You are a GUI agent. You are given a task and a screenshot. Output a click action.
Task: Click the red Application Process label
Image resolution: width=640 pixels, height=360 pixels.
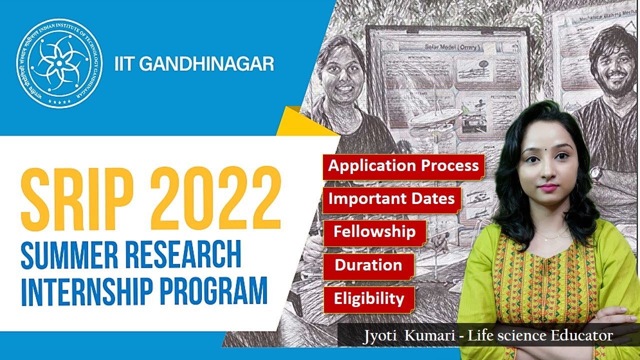(x=403, y=165)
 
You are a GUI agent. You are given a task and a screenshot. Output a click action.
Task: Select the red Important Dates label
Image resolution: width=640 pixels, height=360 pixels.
(x=391, y=198)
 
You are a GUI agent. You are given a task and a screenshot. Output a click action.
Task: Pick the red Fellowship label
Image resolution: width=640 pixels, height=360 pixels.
(x=374, y=232)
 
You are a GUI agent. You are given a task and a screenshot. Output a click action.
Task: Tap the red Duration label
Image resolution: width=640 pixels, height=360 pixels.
(x=368, y=265)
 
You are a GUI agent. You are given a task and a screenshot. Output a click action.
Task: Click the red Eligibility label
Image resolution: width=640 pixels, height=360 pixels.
(x=369, y=299)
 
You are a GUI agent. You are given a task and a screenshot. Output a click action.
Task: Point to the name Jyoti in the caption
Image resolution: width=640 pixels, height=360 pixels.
(x=381, y=336)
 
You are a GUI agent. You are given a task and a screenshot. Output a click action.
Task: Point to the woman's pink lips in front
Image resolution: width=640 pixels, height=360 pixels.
(x=548, y=187)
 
